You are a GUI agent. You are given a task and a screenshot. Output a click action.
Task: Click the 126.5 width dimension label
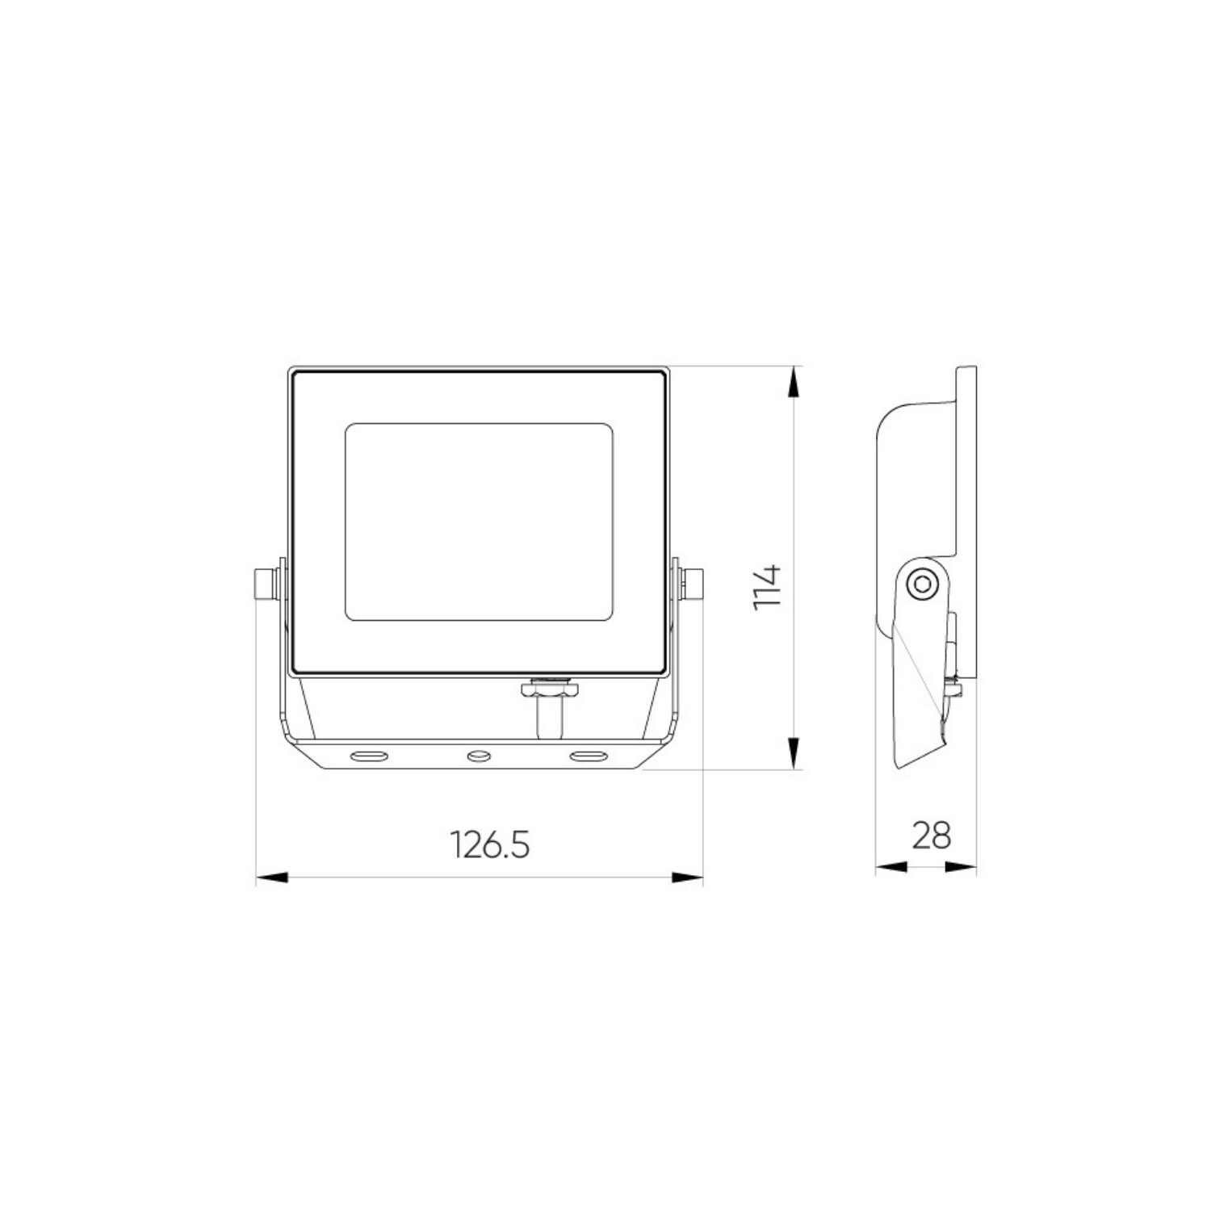click(489, 845)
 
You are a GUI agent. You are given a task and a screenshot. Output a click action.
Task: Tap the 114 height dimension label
click(767, 587)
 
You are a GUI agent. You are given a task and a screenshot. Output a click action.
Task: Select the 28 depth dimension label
click(932, 836)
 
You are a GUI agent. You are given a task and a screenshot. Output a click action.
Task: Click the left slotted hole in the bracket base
click(367, 756)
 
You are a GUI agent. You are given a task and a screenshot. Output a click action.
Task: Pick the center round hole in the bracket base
click(479, 756)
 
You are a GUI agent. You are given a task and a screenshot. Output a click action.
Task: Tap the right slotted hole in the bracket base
click(589, 756)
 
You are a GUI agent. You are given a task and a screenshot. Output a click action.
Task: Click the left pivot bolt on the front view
click(265, 584)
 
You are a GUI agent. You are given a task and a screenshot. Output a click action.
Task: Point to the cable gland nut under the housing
click(550, 690)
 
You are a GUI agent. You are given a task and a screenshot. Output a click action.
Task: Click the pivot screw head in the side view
click(921, 584)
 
